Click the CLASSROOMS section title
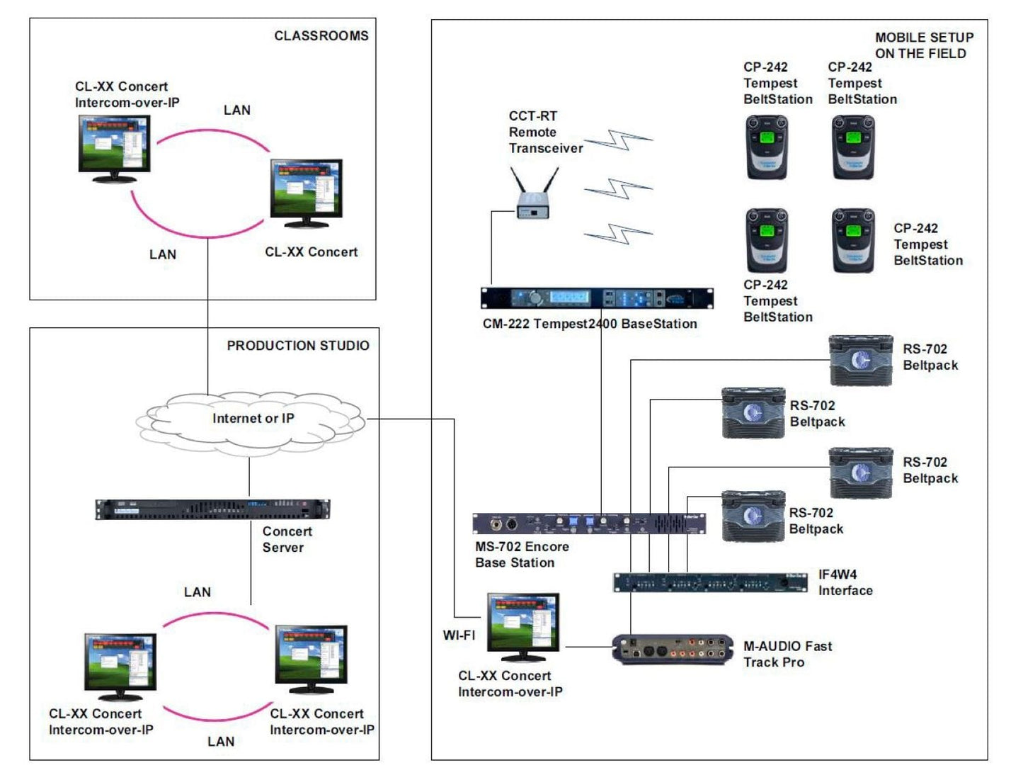[x=321, y=35]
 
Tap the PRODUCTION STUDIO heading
[x=297, y=346]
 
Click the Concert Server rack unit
[x=212, y=509]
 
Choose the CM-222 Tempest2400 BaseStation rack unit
[x=597, y=298]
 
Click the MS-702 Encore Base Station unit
[x=589, y=524]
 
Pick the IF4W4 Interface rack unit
[x=710, y=583]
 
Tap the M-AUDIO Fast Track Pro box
[x=673, y=650]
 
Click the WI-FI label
[x=459, y=635]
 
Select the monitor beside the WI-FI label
[x=523, y=624]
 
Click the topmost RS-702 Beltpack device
[x=860, y=361]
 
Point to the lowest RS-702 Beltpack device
[x=753, y=516]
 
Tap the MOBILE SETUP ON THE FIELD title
[x=923, y=45]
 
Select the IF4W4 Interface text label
[x=845, y=582]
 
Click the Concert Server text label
[x=287, y=539]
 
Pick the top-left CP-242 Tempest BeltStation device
[x=767, y=147]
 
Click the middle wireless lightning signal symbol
[x=617, y=189]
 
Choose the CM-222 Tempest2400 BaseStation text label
[x=590, y=324]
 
